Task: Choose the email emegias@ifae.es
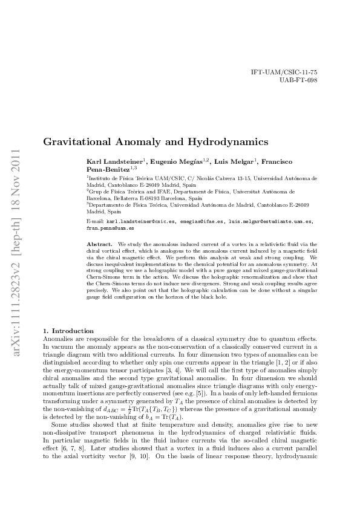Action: coord(200,222)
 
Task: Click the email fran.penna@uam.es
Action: coord(110,229)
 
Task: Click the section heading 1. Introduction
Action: coord(68,331)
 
